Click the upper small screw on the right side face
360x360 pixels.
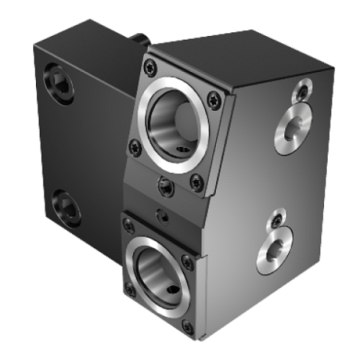(x=301, y=91)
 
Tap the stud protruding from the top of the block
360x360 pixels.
(x=138, y=36)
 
